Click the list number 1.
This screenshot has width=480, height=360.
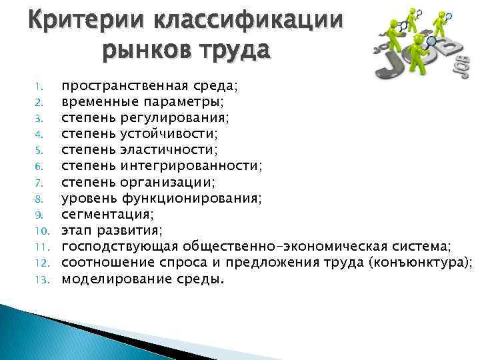[x=39, y=85]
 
